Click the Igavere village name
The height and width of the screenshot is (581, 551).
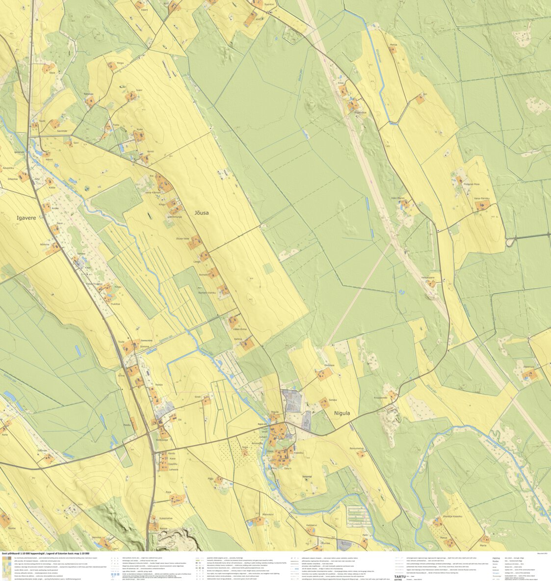click(x=26, y=218)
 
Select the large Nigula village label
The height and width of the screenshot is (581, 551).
click(x=342, y=413)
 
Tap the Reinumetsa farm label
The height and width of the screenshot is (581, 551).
click(x=357, y=449)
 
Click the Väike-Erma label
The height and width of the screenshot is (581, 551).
click(x=239, y=329)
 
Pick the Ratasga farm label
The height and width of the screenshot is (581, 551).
click(x=88, y=94)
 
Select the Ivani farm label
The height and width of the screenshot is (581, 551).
click(x=139, y=90)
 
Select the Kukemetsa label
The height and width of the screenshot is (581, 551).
click(x=166, y=518)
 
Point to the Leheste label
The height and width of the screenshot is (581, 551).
click(x=174, y=470)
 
